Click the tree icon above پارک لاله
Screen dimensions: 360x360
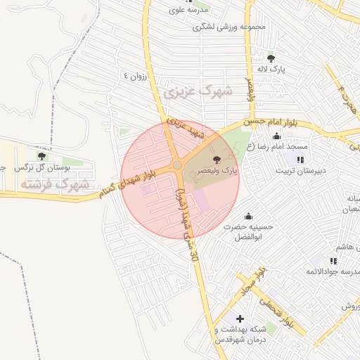(x=271, y=58)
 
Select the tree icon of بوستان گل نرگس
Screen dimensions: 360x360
(x=41, y=156)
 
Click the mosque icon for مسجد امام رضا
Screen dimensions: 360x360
(x=276, y=136)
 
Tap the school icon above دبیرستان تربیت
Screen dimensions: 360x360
(x=301, y=160)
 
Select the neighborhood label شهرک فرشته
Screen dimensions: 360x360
(x=54, y=184)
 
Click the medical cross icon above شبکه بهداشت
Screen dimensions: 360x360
(x=240, y=319)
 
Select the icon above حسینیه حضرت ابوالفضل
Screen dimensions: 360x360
(x=247, y=216)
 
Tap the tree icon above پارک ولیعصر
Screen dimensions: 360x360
(x=216, y=160)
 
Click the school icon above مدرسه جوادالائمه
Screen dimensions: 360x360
(x=333, y=261)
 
